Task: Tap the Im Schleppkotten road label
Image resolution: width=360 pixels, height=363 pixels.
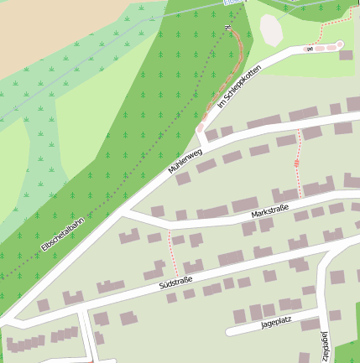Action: (x=234, y=87)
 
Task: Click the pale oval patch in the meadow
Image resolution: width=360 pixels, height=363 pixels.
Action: (x=271, y=31)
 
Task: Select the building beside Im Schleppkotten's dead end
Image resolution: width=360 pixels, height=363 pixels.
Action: (x=345, y=55)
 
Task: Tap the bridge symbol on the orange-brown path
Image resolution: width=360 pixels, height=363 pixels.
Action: (x=226, y=28)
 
